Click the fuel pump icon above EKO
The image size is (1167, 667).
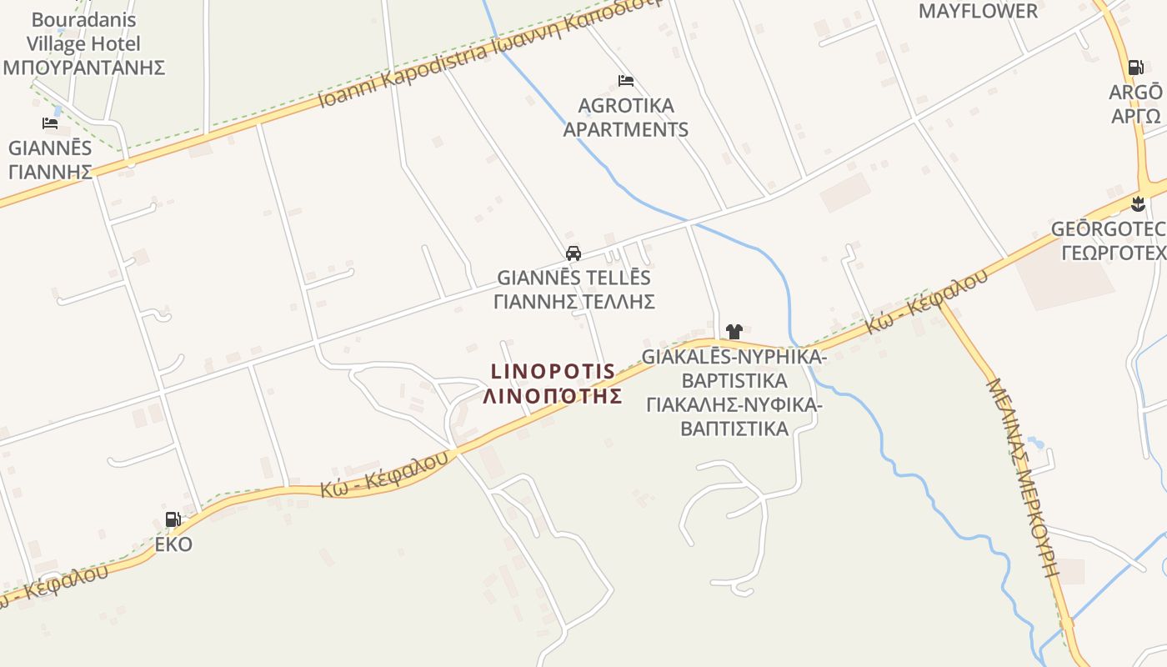(x=173, y=519)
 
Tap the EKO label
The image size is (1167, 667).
(x=173, y=544)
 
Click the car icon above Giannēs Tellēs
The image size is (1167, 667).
(x=573, y=253)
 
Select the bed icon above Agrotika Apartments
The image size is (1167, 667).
(x=626, y=81)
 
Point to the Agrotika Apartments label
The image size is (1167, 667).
(x=626, y=118)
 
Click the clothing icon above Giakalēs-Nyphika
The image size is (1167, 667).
(x=734, y=332)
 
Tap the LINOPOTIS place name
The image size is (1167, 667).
(x=553, y=371)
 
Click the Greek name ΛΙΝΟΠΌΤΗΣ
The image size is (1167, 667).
(x=553, y=395)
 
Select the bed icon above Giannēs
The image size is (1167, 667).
(x=50, y=123)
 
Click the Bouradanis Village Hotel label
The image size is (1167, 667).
(x=83, y=32)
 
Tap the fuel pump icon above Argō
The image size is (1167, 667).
(x=1135, y=68)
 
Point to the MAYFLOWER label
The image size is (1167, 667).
(x=978, y=11)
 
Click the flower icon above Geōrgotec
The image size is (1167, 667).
(x=1139, y=203)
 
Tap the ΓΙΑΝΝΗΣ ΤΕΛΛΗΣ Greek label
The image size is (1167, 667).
(x=573, y=301)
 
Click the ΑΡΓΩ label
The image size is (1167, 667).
(x=1135, y=115)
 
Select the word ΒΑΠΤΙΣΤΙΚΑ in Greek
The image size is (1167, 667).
(x=734, y=429)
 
